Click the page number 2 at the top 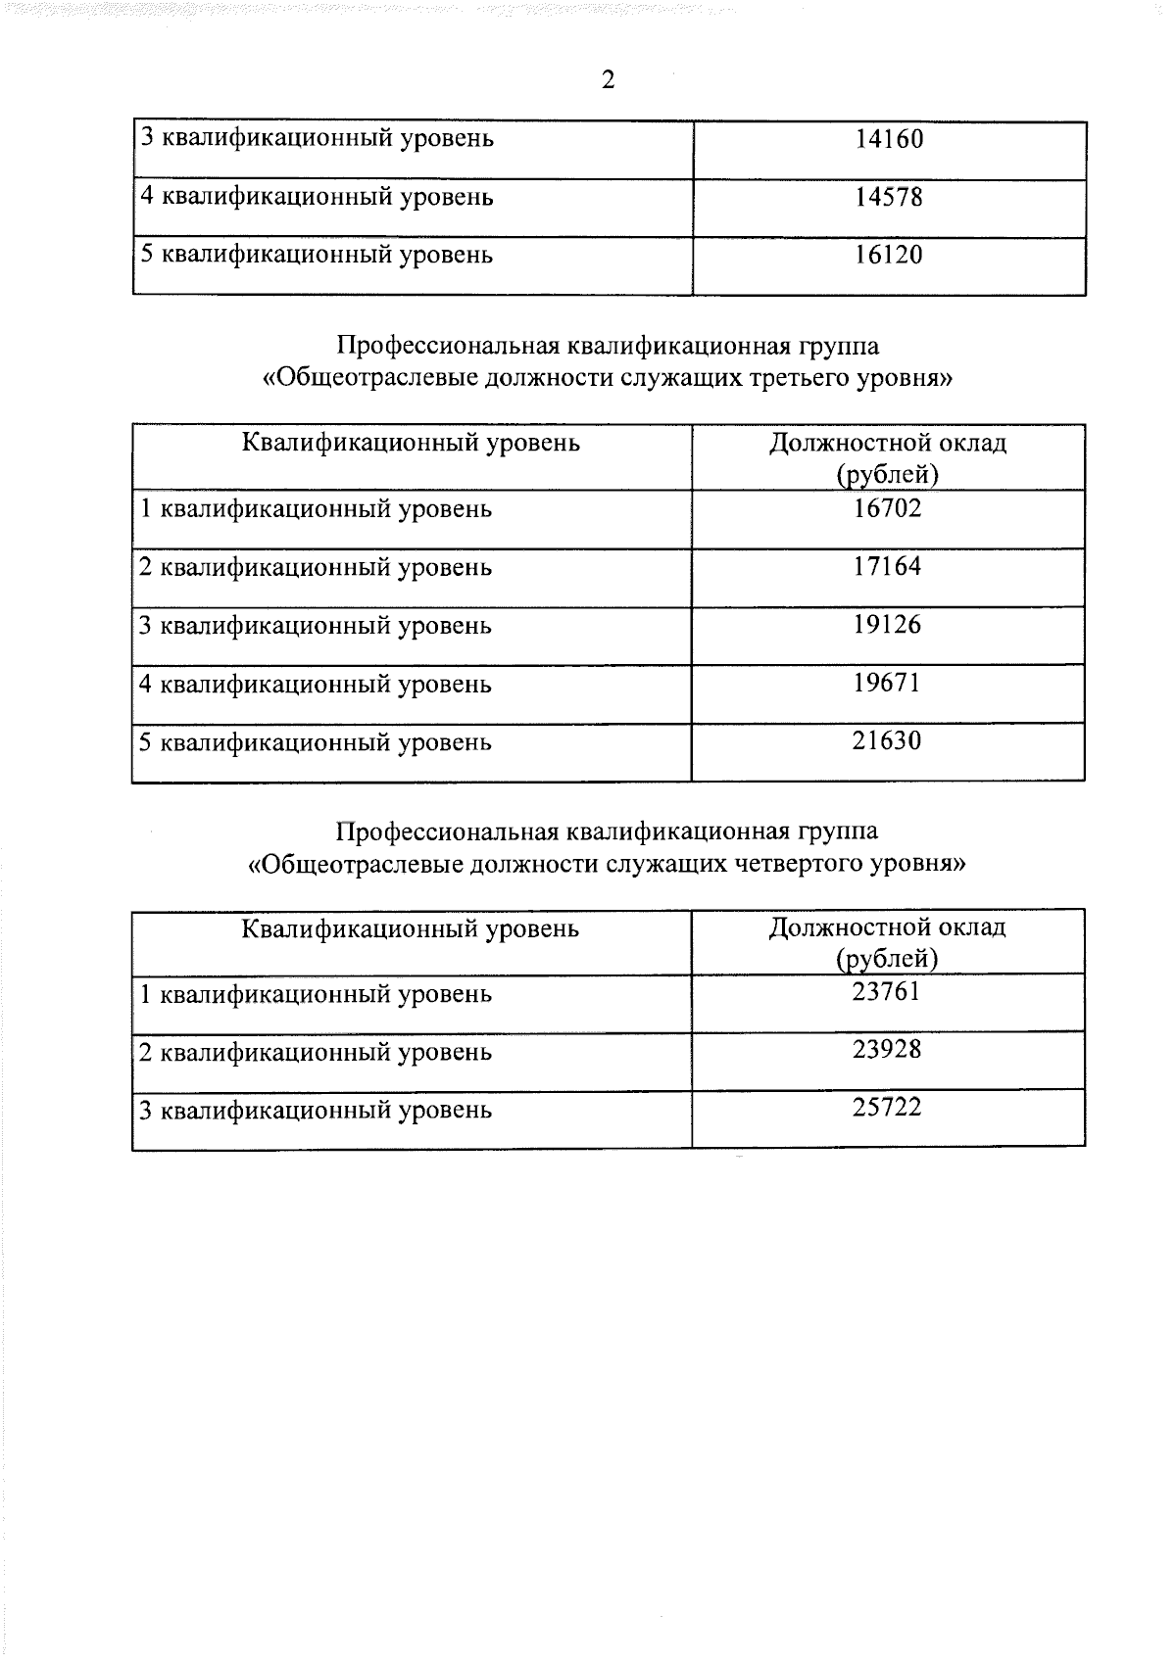pos(608,80)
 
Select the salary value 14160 pos(888,139)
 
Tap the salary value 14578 pos(888,198)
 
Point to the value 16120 pos(888,256)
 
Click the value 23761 pos(887,993)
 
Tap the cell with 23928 pos(887,1051)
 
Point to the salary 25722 pos(887,1110)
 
